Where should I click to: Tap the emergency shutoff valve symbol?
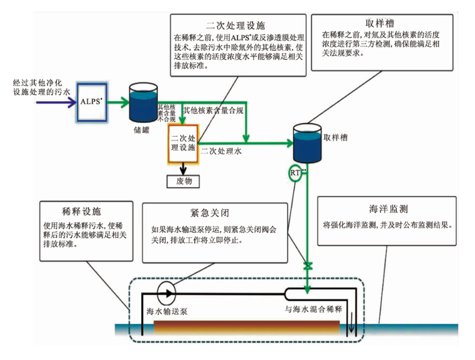307,265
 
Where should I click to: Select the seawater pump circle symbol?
166,293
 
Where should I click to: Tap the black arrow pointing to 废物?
182,166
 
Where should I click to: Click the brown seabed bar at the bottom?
244,327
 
